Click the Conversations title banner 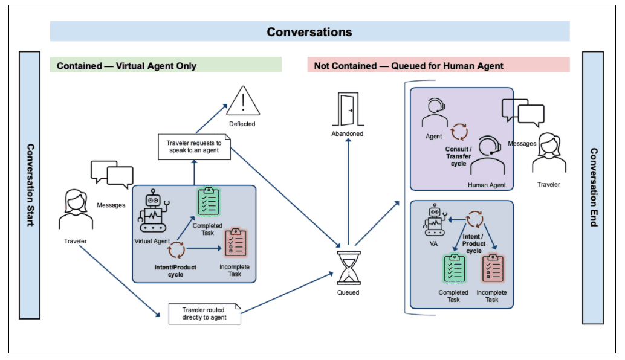pos(309,31)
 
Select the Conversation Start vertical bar pos(30,185)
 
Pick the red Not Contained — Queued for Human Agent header pos(438,65)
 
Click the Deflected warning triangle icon pos(242,101)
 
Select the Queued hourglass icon pos(348,268)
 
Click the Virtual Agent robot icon pos(152,213)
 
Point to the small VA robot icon pos(434,220)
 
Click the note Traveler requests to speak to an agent pos(194,147)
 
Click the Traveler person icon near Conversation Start pos(76,209)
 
